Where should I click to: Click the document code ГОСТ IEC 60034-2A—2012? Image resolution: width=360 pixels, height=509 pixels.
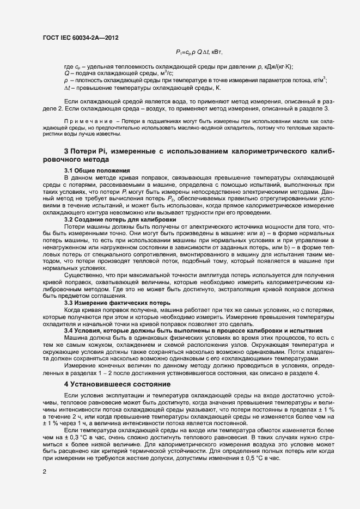[x=81, y=38]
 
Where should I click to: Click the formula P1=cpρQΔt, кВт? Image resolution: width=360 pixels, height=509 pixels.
[x=199, y=52]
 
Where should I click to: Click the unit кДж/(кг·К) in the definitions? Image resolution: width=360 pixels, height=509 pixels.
[x=277, y=67]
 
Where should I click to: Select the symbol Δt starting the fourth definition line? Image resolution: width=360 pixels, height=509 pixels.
[x=68, y=88]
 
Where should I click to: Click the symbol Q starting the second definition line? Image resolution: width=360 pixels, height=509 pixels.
[x=66, y=73]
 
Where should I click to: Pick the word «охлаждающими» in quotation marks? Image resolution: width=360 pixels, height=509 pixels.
[x=247, y=360]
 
